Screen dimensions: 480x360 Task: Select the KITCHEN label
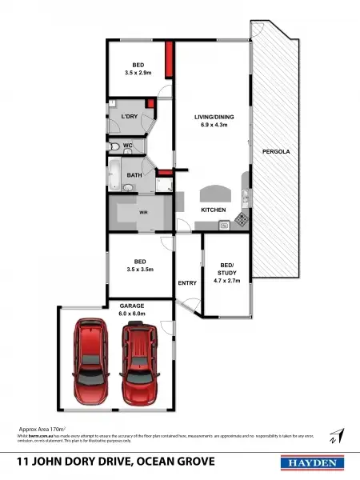(214, 210)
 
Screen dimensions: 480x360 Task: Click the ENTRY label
(187, 283)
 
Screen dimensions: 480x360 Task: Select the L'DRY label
(130, 118)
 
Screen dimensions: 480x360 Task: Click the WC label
(127, 146)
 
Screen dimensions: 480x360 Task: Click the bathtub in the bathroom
(114, 172)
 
